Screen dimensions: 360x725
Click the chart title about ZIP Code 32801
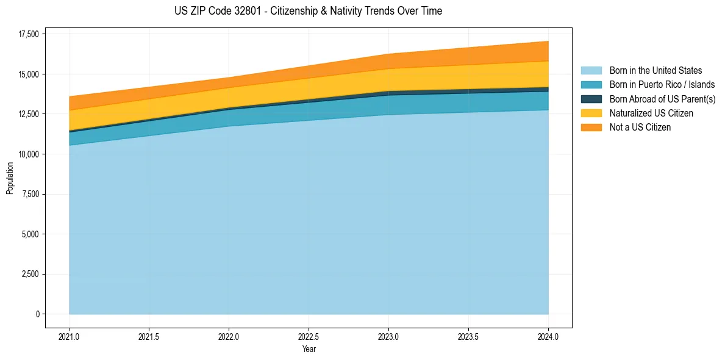(308, 11)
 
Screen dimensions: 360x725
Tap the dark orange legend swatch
(591, 128)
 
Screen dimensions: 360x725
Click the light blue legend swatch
(591, 71)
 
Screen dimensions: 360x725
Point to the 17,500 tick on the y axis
(29, 34)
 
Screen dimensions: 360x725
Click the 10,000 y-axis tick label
(29, 154)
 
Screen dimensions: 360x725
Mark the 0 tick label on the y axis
(37, 314)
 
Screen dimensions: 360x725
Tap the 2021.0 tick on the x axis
(70, 336)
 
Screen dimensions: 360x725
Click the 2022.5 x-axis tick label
(309, 336)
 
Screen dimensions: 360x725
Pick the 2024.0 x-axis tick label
(548, 336)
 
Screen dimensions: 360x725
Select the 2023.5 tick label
(468, 336)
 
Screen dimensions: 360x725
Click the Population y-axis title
(10, 178)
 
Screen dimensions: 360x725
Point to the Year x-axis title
(309, 349)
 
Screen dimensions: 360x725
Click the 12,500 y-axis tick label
(29, 114)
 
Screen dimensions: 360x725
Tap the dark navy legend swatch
(591, 99)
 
